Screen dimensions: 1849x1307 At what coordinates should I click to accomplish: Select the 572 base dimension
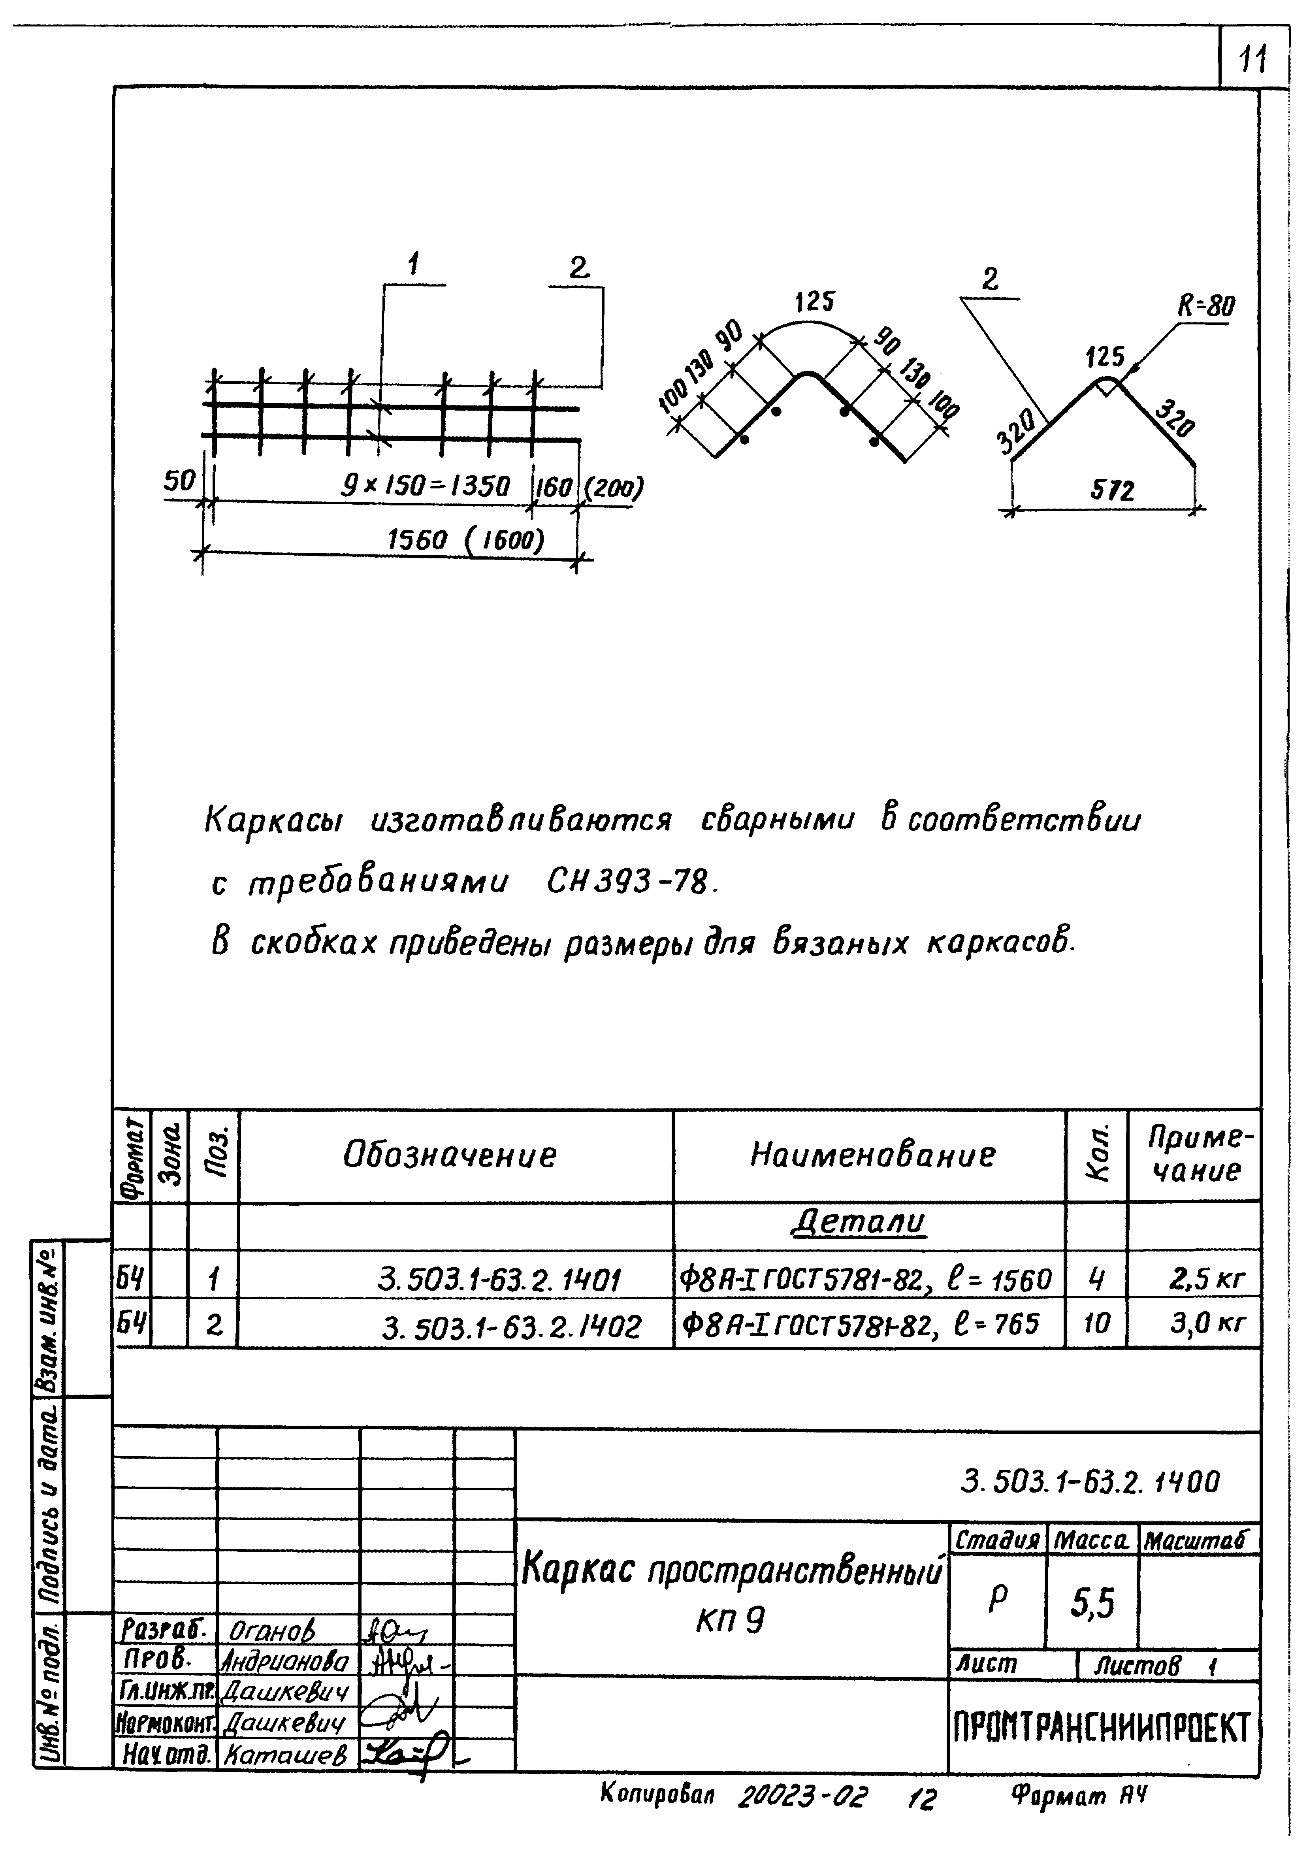coord(1112,490)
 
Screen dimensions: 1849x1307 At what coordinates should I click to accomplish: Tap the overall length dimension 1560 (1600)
coord(465,539)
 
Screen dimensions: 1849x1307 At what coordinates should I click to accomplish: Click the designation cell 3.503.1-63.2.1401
coord(499,1280)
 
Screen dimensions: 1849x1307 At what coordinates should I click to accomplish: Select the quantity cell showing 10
coord(1096,1323)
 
